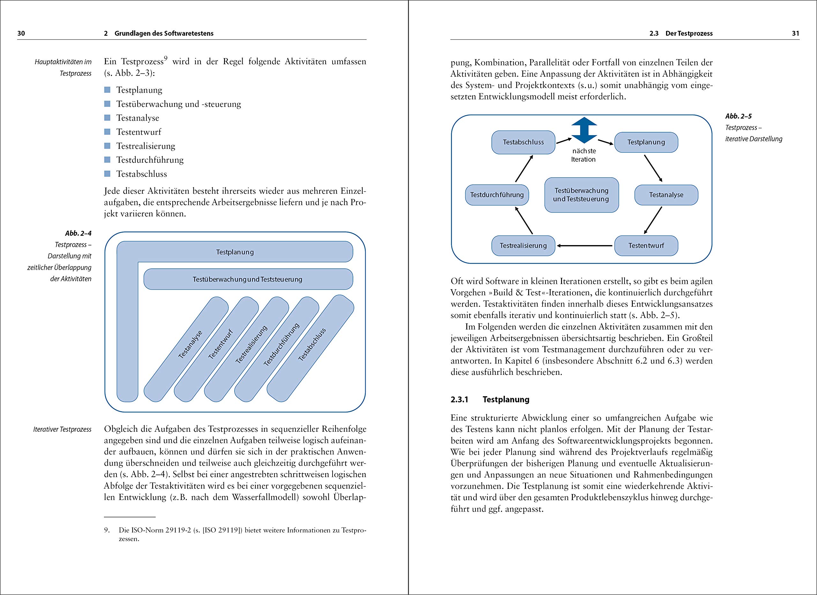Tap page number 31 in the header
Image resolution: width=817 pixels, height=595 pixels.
click(x=795, y=34)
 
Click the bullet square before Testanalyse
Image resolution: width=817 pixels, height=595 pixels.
click(x=107, y=118)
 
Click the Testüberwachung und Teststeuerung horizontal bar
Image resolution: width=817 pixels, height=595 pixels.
click(x=248, y=279)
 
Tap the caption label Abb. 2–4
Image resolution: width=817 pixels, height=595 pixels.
click(x=78, y=233)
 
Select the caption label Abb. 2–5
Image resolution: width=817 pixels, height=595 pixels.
click(x=738, y=116)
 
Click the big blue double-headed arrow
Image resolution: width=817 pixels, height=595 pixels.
click(x=584, y=130)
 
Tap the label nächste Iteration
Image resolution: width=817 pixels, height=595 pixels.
click(x=584, y=155)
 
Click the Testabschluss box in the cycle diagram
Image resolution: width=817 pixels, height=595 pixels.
click(x=523, y=142)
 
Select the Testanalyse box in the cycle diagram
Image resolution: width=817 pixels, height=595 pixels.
click(x=666, y=195)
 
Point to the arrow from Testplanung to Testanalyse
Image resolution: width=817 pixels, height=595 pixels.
click(x=653, y=168)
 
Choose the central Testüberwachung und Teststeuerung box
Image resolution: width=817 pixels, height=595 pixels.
click(x=581, y=195)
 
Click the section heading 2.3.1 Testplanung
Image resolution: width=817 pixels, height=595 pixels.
click(x=490, y=399)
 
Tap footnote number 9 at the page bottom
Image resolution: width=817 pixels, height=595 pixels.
click(x=107, y=530)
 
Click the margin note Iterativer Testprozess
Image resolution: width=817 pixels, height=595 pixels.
click(x=62, y=429)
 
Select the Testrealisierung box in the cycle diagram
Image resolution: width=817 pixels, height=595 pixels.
click(x=523, y=245)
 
